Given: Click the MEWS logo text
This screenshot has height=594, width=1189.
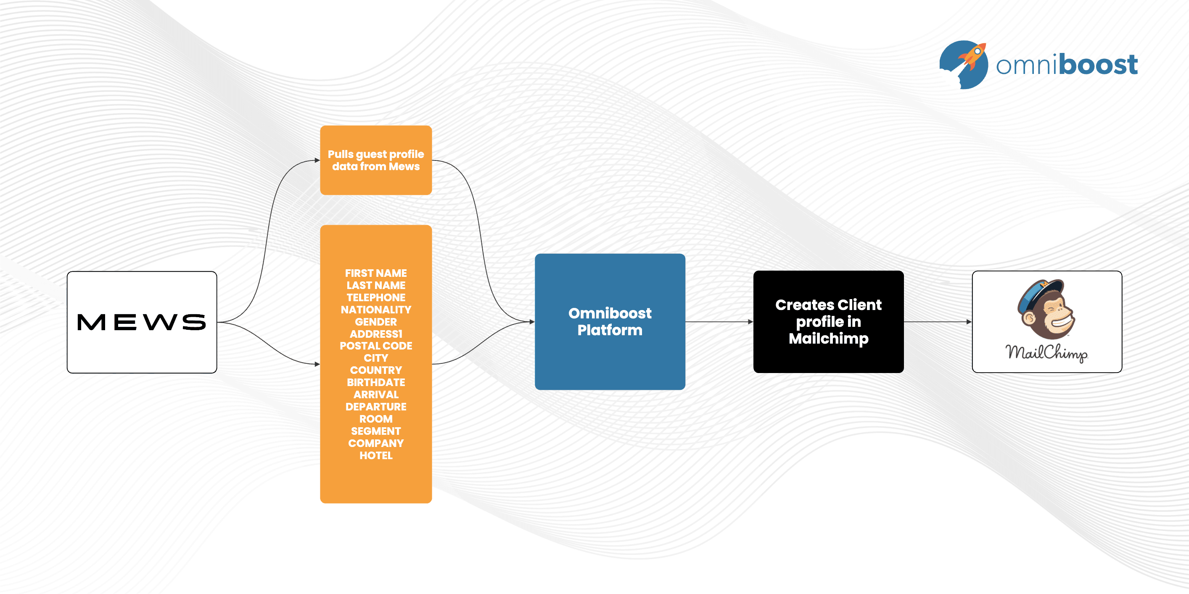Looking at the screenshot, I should click(141, 322).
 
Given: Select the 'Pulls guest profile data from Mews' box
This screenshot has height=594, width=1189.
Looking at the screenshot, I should click(376, 160).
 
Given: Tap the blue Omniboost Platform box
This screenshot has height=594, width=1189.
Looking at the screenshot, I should click(609, 321).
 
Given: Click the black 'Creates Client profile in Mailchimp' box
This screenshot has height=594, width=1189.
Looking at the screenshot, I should click(828, 321).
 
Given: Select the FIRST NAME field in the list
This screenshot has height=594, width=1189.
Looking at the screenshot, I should click(376, 273).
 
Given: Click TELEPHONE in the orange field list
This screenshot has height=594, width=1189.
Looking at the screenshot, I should click(376, 297).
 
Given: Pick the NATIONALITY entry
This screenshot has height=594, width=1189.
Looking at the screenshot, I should click(376, 310).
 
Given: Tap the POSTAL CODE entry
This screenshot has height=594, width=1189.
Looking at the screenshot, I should click(376, 346).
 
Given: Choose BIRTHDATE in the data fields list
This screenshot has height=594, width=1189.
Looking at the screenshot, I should click(376, 382).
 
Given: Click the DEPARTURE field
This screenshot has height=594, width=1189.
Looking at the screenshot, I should click(376, 407).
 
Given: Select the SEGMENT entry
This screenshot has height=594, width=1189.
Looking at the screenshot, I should click(376, 431).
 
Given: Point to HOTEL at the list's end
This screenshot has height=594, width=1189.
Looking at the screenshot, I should click(376, 456).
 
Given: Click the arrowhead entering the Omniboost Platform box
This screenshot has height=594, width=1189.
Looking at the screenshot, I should click(532, 321).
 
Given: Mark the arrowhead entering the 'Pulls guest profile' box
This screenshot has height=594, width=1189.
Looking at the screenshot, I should click(317, 160).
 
